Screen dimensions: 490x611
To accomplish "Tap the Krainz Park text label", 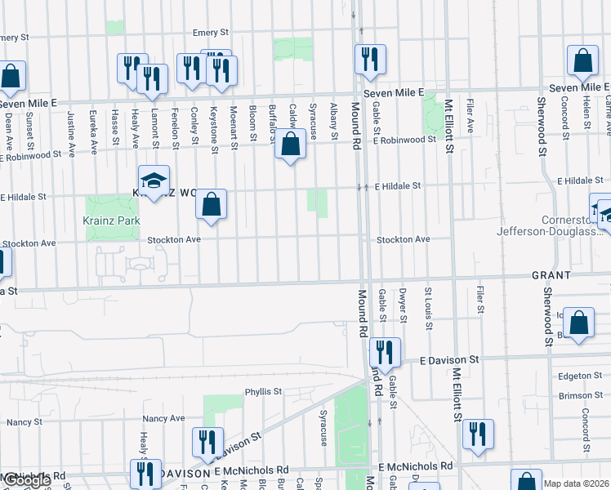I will [111, 220].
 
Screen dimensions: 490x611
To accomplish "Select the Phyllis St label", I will [263, 391].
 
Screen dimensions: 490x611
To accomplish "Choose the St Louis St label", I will [427, 308].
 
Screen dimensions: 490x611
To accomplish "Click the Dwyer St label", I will [404, 305].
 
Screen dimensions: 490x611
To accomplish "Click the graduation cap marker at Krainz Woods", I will [154, 182].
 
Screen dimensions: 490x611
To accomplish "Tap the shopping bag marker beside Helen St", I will [582, 60].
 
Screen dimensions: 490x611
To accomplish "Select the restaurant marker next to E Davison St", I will [385, 352].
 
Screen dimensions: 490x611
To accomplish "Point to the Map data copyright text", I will [577, 483].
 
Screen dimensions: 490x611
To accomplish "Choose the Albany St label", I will [334, 118].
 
